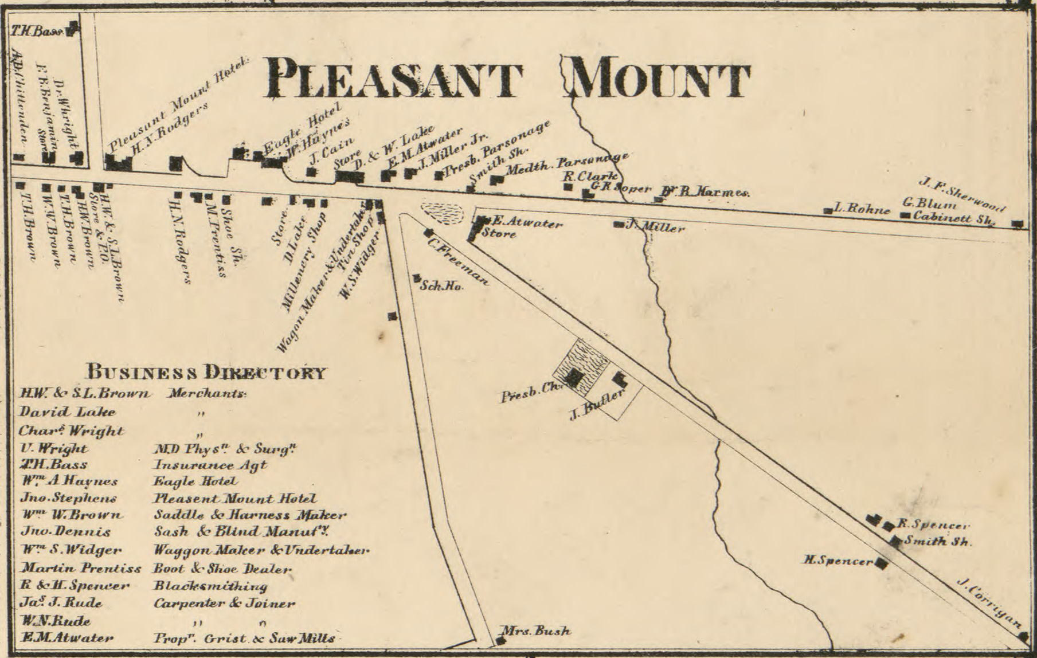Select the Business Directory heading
[x=206, y=373]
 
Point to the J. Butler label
[x=596, y=405]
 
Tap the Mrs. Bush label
[x=536, y=632]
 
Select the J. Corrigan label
[x=990, y=603]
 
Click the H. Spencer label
[x=839, y=561]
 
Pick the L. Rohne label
[x=862, y=210]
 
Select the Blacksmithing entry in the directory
[x=210, y=586]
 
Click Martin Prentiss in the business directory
[x=80, y=569]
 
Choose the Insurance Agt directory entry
[x=210, y=465]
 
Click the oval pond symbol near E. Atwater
[x=442, y=213]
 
